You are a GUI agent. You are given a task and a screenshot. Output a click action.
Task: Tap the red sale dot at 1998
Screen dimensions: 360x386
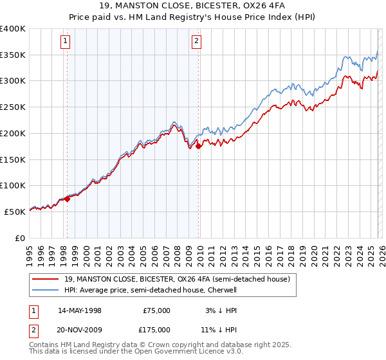point(67,199)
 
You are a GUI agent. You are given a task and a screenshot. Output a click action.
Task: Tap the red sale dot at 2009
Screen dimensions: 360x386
point(198,146)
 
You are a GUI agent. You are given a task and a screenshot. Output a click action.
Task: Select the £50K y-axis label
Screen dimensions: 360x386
point(15,212)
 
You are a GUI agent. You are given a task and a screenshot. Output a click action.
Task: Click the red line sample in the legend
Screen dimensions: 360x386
point(46,279)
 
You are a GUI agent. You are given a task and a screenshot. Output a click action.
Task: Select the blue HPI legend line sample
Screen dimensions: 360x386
point(46,290)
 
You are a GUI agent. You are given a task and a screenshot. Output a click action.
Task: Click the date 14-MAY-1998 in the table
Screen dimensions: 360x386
point(80,310)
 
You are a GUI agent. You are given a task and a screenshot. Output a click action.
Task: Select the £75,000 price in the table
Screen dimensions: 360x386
point(156,310)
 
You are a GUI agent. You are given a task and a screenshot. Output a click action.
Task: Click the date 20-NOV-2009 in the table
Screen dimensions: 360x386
point(80,329)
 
